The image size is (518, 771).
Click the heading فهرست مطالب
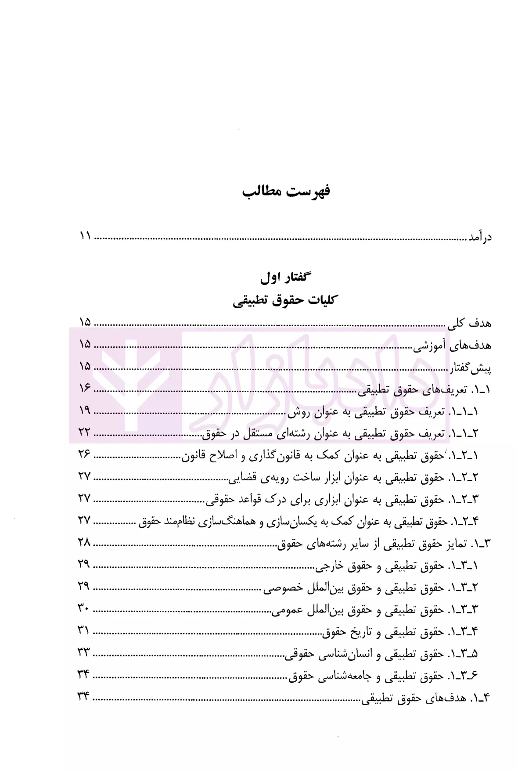tap(286, 191)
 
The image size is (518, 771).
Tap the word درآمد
tap(480, 237)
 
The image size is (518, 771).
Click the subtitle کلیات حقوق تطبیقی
tap(283, 301)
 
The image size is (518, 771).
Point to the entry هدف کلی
tap(469, 324)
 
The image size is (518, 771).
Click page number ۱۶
tap(85, 388)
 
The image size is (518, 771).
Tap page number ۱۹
tap(85, 410)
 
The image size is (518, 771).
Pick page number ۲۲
tap(84, 432)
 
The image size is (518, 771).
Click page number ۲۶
tap(84, 454)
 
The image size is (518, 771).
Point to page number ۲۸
tap(84, 543)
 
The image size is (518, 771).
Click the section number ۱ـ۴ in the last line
tap(480, 698)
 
